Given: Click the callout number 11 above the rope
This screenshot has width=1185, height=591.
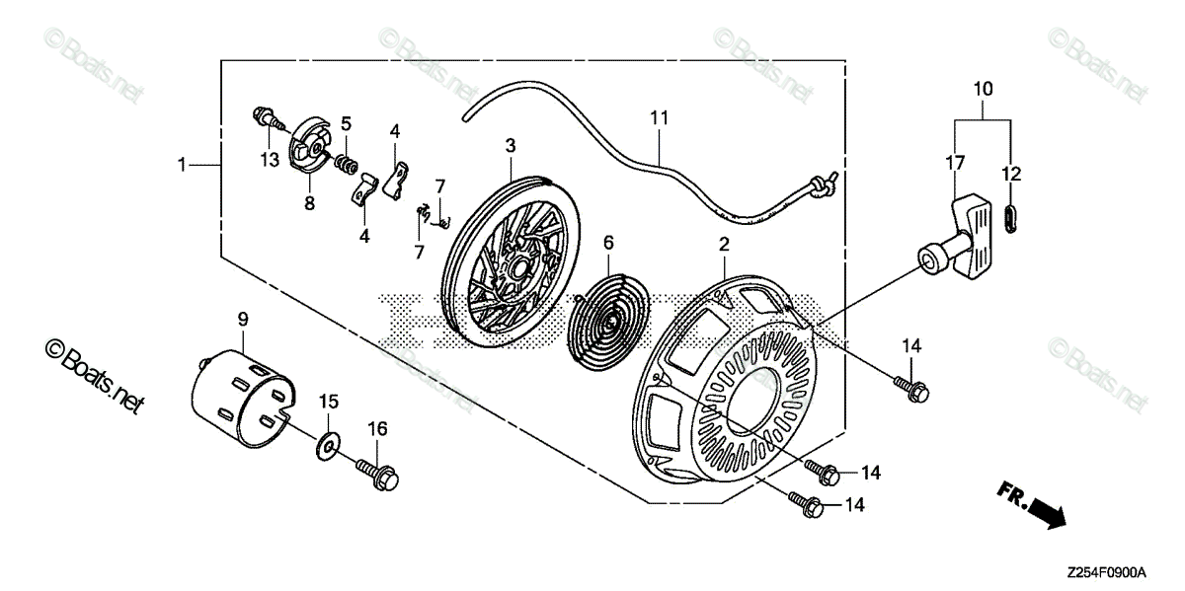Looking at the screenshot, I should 660,118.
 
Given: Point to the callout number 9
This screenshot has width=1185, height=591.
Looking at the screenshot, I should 242,318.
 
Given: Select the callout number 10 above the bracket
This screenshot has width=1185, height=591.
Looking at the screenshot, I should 983,89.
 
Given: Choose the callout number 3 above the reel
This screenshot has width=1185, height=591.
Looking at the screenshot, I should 511,145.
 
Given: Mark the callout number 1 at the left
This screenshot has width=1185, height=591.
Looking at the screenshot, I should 182,165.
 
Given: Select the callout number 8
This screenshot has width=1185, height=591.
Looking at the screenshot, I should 309,203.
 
